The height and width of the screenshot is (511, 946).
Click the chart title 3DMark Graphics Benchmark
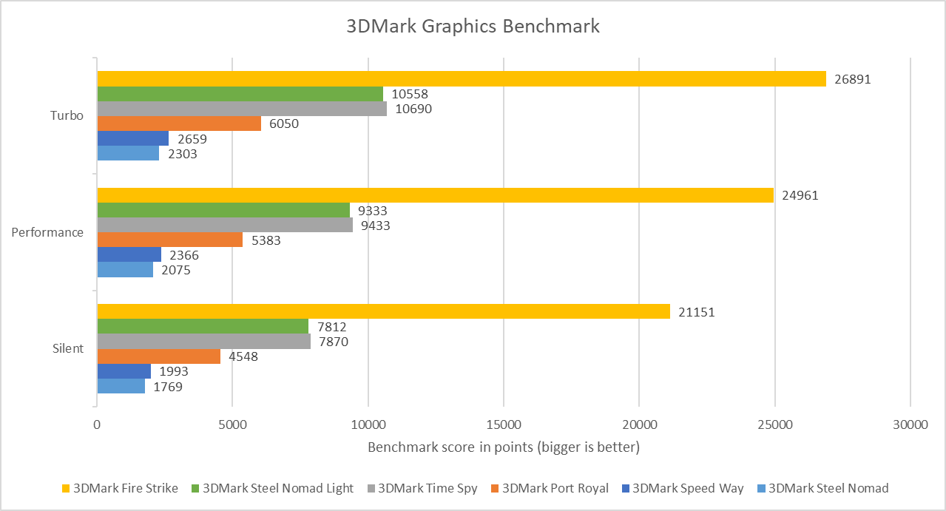coord(473,27)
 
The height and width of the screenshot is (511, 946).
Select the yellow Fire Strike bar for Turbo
coord(461,78)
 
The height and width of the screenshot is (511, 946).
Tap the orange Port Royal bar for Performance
coord(169,240)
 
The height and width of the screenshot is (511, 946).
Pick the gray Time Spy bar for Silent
coord(203,342)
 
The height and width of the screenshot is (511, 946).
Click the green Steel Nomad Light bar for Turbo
coord(240,94)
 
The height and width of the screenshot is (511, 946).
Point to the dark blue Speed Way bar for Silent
coord(124,371)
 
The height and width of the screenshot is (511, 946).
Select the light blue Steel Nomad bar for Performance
coord(125,270)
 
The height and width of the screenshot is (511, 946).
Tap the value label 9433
coord(375,226)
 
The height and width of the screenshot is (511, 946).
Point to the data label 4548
coord(243,356)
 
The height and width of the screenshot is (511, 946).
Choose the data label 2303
coord(182,154)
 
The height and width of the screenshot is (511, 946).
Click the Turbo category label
coord(67,116)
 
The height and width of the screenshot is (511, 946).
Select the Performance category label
coord(47,232)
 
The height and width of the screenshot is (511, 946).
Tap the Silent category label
coord(68,348)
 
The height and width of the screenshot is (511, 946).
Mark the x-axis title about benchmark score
coord(504,447)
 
